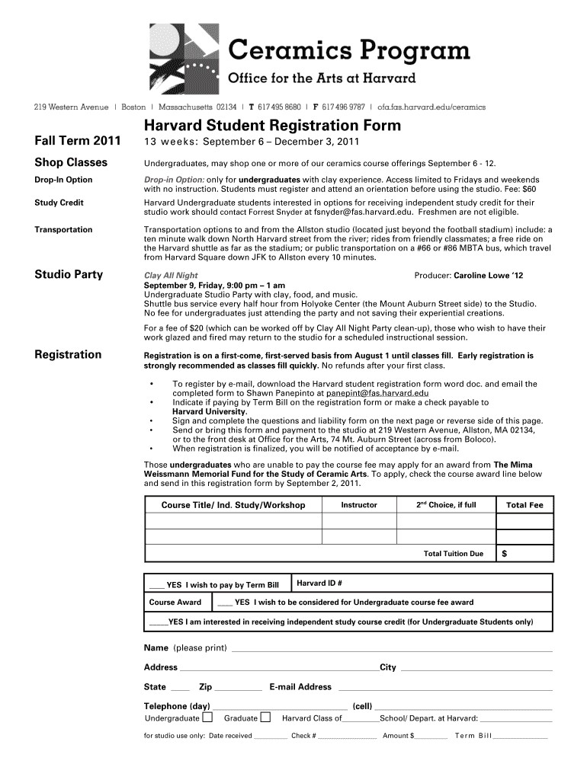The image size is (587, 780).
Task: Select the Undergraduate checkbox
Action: [x=207, y=718]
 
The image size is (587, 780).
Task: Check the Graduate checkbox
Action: [x=265, y=718]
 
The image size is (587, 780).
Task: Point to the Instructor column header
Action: [x=358, y=505]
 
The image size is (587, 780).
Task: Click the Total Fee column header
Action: [x=524, y=505]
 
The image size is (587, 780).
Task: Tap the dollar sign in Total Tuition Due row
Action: [x=504, y=554]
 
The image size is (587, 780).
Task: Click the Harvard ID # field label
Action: [x=319, y=583]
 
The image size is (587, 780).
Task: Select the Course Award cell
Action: [x=175, y=602]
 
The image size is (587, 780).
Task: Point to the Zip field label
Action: [x=205, y=686]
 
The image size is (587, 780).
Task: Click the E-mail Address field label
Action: [x=300, y=686]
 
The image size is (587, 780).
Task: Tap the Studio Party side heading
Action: [x=69, y=274]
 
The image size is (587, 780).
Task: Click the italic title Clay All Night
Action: [x=171, y=276]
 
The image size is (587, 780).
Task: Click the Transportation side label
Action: [x=63, y=229]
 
